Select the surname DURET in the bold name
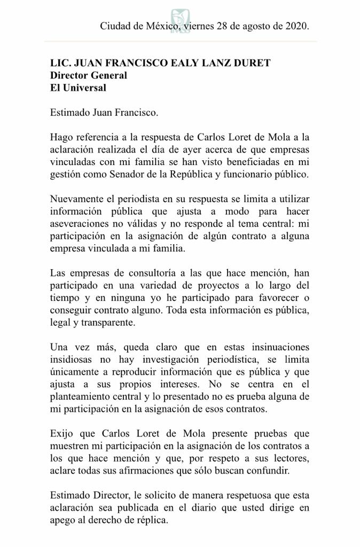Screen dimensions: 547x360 click(253, 63)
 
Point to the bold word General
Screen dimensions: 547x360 click(108, 75)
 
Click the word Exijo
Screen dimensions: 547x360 click(61, 433)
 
